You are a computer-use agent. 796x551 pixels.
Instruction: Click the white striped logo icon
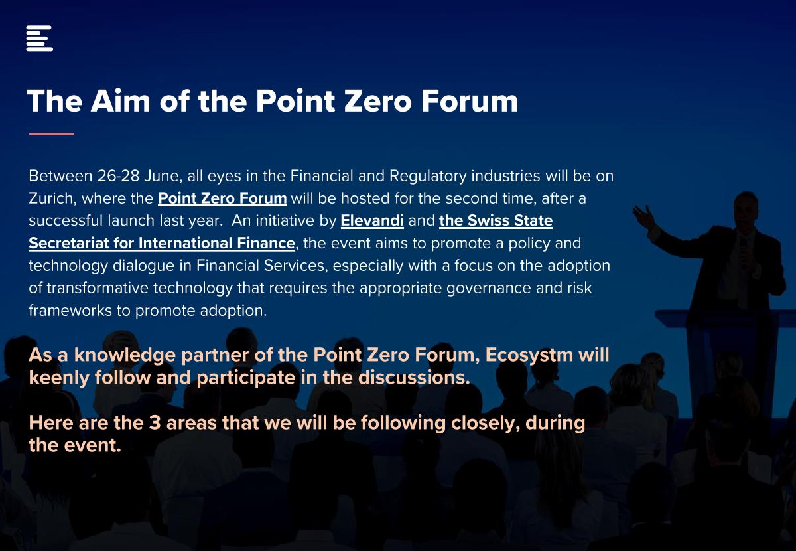39,39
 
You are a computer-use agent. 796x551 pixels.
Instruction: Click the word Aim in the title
121,101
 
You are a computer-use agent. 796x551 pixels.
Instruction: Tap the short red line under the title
52,133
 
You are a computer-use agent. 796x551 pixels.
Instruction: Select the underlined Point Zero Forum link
222,198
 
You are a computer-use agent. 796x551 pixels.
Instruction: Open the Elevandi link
372,220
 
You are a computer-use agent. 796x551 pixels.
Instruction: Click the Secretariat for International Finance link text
162,244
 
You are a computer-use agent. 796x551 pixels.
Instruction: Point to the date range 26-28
118,176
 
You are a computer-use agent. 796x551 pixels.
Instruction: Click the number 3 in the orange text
155,423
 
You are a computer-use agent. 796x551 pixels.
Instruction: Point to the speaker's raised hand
644,216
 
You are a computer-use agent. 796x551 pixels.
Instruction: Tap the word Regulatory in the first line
428,176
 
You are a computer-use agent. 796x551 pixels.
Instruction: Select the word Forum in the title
470,101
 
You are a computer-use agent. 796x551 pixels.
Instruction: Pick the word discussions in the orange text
414,378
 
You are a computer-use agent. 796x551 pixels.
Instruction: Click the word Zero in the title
378,101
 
